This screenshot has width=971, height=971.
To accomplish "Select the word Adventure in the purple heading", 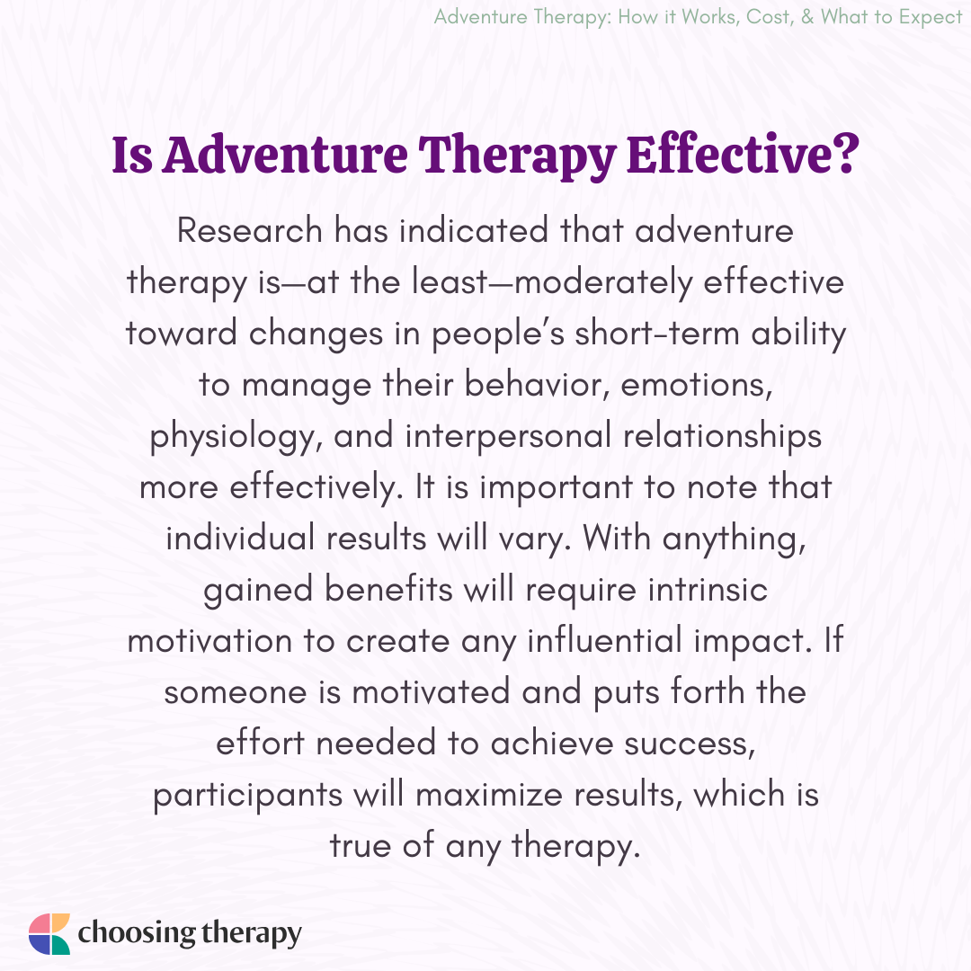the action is click(x=286, y=154).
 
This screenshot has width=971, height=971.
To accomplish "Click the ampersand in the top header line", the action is click(x=807, y=17).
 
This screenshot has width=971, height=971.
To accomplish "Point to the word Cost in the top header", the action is click(x=769, y=17).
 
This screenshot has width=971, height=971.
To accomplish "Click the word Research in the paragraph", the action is click(x=250, y=230).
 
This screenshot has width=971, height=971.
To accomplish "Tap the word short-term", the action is click(x=657, y=334).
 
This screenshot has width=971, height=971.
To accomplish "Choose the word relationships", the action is click(x=722, y=436).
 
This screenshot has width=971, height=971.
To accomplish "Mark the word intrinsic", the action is click(x=708, y=589).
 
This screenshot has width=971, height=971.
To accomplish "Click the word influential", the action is click(x=604, y=640).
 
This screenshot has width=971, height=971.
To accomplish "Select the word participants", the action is click(x=248, y=796).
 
